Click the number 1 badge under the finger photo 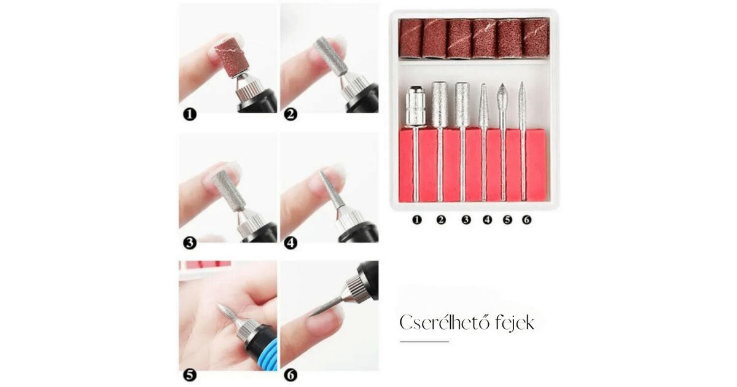click(x=190, y=115)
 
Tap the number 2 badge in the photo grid click(x=291, y=115)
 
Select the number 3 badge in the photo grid click(x=190, y=243)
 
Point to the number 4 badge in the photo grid click(x=291, y=243)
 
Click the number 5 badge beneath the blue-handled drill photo click(x=190, y=375)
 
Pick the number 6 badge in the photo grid click(x=291, y=375)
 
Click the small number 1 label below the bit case click(x=417, y=220)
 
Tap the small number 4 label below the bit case click(x=487, y=220)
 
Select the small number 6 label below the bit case click(x=527, y=220)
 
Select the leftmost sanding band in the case click(x=411, y=39)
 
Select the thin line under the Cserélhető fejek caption click(x=424, y=342)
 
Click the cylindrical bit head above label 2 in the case click(x=439, y=104)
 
